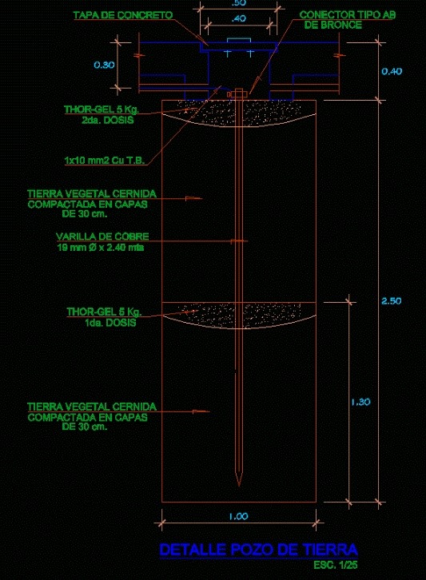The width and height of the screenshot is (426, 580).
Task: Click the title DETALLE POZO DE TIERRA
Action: [258, 550]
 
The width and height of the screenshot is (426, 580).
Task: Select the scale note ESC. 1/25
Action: [336, 565]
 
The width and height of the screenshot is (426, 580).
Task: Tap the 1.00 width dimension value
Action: [238, 516]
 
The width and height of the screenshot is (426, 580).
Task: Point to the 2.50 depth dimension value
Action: [391, 300]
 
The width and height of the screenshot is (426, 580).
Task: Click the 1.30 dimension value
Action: [360, 402]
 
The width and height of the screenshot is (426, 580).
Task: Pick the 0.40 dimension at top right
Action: [392, 71]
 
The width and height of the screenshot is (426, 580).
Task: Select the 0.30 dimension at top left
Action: [104, 65]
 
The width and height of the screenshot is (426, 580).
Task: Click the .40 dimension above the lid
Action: [239, 18]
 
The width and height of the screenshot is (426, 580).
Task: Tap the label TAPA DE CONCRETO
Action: [123, 15]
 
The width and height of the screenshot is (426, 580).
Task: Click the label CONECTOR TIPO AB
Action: [347, 15]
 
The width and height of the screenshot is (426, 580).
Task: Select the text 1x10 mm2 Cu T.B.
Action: [105, 160]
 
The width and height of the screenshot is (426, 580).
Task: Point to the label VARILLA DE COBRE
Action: [102, 236]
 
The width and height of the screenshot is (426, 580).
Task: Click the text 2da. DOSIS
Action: [107, 120]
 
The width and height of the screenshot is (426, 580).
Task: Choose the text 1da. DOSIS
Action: [110, 323]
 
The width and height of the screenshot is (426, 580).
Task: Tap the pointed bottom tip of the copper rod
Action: [239, 486]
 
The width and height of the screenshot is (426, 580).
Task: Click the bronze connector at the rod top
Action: [237, 94]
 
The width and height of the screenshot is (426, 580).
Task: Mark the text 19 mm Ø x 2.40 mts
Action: [101, 247]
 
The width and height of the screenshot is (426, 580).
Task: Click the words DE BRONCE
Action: [332, 25]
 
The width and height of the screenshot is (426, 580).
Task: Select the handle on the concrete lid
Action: [239, 40]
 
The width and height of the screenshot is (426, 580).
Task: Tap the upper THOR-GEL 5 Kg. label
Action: [102, 109]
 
